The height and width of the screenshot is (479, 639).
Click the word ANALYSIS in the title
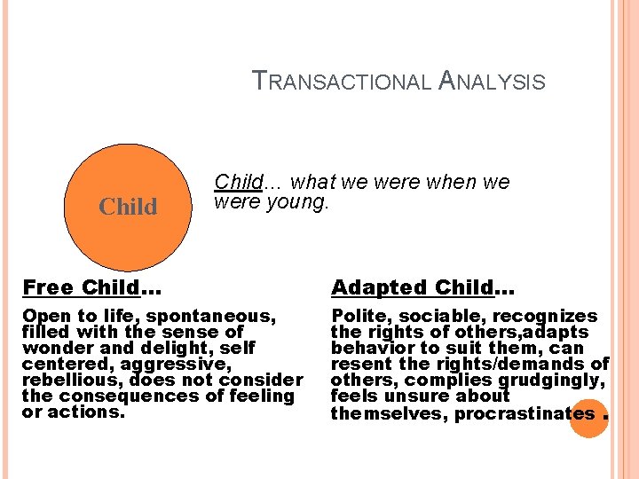pyautogui.click(x=492, y=82)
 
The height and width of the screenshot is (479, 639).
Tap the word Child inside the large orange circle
pyautogui.click(x=128, y=208)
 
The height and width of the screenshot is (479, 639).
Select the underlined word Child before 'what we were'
pyautogui.click(x=239, y=182)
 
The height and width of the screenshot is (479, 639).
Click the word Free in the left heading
pyautogui.click(x=49, y=287)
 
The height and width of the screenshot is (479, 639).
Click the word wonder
pyautogui.click(x=54, y=348)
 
